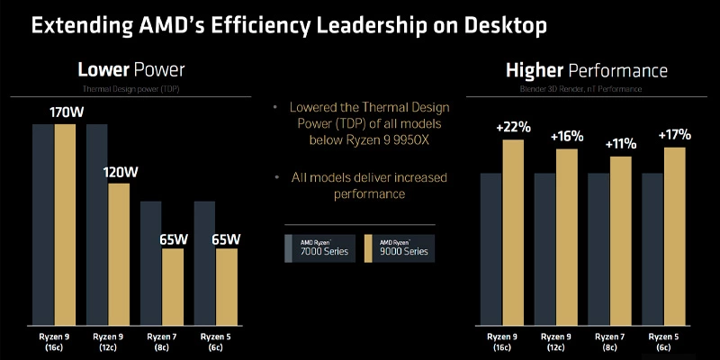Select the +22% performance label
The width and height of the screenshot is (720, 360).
coord(514,128)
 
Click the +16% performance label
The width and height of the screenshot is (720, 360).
coord(567,137)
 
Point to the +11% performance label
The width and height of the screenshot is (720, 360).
coord(621,144)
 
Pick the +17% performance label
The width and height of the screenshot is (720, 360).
coord(674,135)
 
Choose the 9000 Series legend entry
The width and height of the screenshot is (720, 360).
coord(399,247)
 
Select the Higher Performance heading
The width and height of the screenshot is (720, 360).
coord(586,69)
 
